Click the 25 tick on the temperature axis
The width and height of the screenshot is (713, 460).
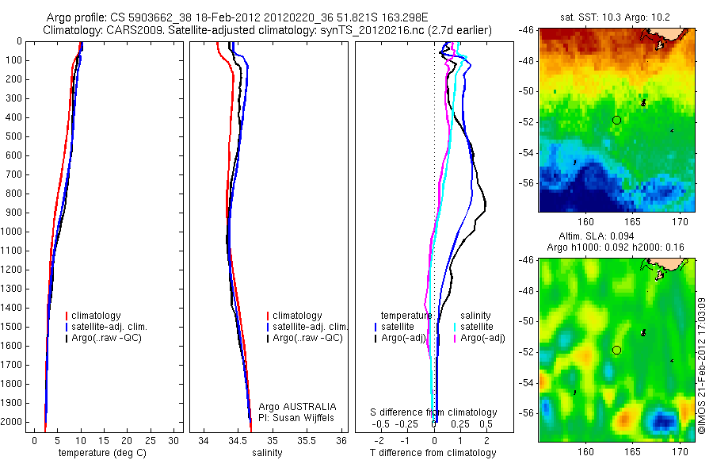(x=150, y=440)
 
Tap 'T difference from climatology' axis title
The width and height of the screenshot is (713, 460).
(x=433, y=453)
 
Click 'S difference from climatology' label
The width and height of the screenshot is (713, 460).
(x=434, y=412)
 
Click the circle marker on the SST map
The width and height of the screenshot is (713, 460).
(x=616, y=120)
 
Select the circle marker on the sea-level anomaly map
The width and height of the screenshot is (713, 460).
(x=616, y=350)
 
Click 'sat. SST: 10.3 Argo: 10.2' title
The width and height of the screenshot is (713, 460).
(x=616, y=17)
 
